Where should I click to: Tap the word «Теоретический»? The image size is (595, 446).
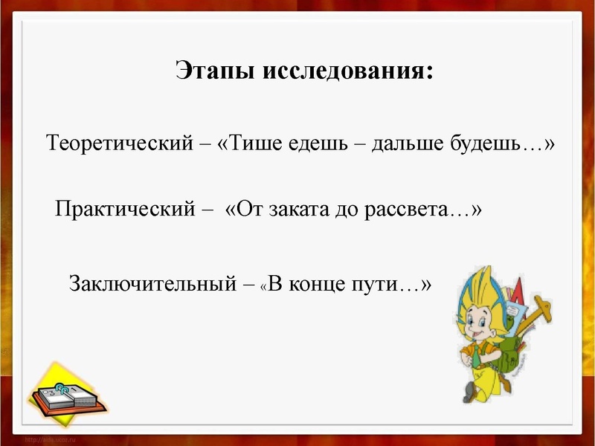click(119, 142)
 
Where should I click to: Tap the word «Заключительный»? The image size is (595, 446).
click(152, 283)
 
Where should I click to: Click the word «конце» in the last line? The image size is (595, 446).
click(316, 283)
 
